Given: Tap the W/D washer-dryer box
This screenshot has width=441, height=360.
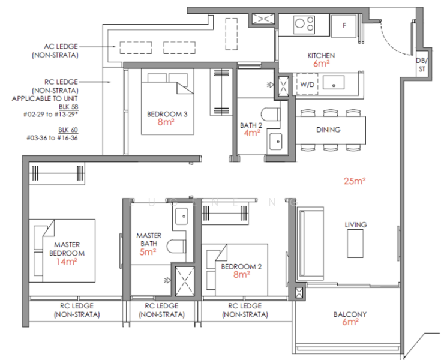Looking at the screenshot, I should click(307, 85).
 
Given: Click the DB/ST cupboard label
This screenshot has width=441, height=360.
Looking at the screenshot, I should click(422, 64).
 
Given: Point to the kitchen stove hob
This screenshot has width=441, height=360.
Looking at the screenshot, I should click(304, 25).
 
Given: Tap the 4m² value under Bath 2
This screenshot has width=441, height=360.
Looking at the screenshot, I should click(251, 133).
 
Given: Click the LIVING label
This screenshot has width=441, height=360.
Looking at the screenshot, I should click(355, 225).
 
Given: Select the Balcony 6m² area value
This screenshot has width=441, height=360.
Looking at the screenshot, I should click(350, 322).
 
